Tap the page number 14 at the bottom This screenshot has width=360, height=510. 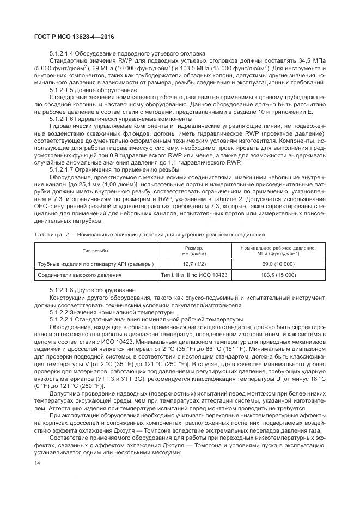tap(38, 463)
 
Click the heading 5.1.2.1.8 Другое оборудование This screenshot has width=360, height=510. tap(93, 289)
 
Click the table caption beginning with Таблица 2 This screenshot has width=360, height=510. tap(149, 234)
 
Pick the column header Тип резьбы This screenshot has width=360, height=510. tap(95, 251)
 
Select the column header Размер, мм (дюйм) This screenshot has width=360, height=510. tap(193, 251)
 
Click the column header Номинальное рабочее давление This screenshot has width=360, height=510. tap(278, 251)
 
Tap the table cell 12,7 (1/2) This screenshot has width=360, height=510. tap(193, 264)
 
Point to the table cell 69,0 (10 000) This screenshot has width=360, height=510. tap(278, 264)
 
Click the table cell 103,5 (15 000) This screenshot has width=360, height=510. tap(278, 275)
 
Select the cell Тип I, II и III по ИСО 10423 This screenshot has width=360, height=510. tap(193, 275)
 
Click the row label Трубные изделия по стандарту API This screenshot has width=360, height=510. tap(95, 264)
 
